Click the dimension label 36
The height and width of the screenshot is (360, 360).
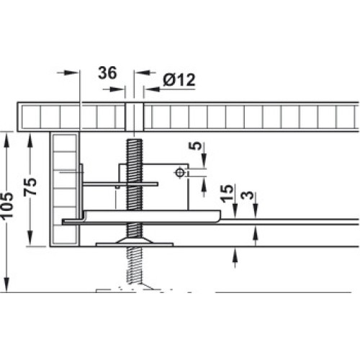(x=107, y=73)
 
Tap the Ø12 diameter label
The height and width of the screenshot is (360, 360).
(x=179, y=80)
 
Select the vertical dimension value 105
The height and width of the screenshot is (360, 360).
(x=6, y=206)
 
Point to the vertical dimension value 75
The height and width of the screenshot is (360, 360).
(x=30, y=186)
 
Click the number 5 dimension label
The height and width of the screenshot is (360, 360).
(x=197, y=145)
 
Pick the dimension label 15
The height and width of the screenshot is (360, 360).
(x=227, y=194)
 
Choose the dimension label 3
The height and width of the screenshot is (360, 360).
(x=248, y=195)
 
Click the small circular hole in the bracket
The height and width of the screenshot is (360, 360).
(x=180, y=172)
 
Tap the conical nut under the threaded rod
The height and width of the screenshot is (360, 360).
(x=134, y=240)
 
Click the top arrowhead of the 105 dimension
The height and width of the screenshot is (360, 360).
(x=7, y=138)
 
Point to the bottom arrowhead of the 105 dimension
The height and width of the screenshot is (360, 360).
(x=7, y=285)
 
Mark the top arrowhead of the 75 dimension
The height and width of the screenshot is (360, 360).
(x=30, y=140)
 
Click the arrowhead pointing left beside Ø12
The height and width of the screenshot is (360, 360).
(x=152, y=89)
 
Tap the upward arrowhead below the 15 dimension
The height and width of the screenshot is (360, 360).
(x=235, y=254)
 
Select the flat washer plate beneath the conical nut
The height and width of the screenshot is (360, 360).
(x=135, y=245)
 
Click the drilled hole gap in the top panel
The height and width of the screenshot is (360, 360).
(x=134, y=117)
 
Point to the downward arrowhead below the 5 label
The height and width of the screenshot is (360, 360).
(x=204, y=161)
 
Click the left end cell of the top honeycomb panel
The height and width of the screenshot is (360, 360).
(x=31, y=117)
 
